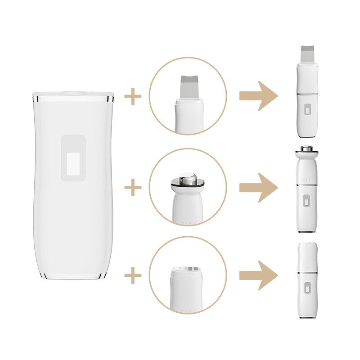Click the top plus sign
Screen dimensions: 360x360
pos(133,97)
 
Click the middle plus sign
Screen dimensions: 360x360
pos(133,188)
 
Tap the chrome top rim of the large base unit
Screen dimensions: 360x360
pos(73,96)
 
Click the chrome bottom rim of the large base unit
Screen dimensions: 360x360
pos(73,275)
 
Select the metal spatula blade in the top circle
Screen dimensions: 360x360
pos(188,87)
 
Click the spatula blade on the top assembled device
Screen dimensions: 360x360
pos(307,54)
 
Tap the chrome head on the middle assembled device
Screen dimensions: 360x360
pos(307,149)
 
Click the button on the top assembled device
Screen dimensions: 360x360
pos(307,110)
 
